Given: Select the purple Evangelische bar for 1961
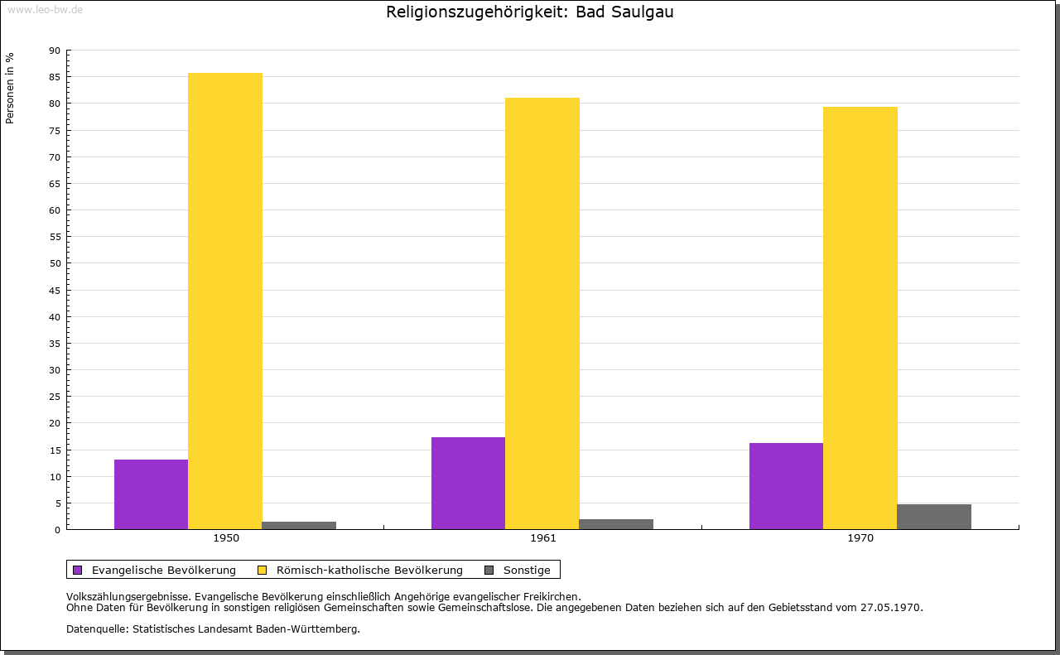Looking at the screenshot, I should [468, 483].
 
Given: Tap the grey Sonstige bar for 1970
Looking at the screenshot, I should [933, 517].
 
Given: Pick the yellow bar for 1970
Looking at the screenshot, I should [860, 318].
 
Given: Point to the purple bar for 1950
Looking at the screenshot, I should [151, 494].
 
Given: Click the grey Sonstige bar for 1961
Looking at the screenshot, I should [616, 524].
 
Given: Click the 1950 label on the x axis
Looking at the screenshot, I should [226, 538].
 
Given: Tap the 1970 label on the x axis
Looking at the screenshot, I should [860, 538].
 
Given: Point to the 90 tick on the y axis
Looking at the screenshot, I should [55, 51].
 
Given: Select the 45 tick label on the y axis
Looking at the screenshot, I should [55, 291].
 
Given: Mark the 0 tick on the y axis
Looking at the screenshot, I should [58, 530].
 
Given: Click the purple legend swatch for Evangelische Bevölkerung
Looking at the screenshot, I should [78, 570].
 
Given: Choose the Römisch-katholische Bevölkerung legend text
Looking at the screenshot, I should [369, 570].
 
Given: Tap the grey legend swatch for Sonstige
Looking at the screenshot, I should [489, 570].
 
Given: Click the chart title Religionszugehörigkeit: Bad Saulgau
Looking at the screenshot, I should [529, 12].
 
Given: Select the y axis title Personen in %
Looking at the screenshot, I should [10, 88].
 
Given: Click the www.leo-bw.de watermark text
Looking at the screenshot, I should [45, 8].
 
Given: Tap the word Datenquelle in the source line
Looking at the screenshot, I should [94, 629].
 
